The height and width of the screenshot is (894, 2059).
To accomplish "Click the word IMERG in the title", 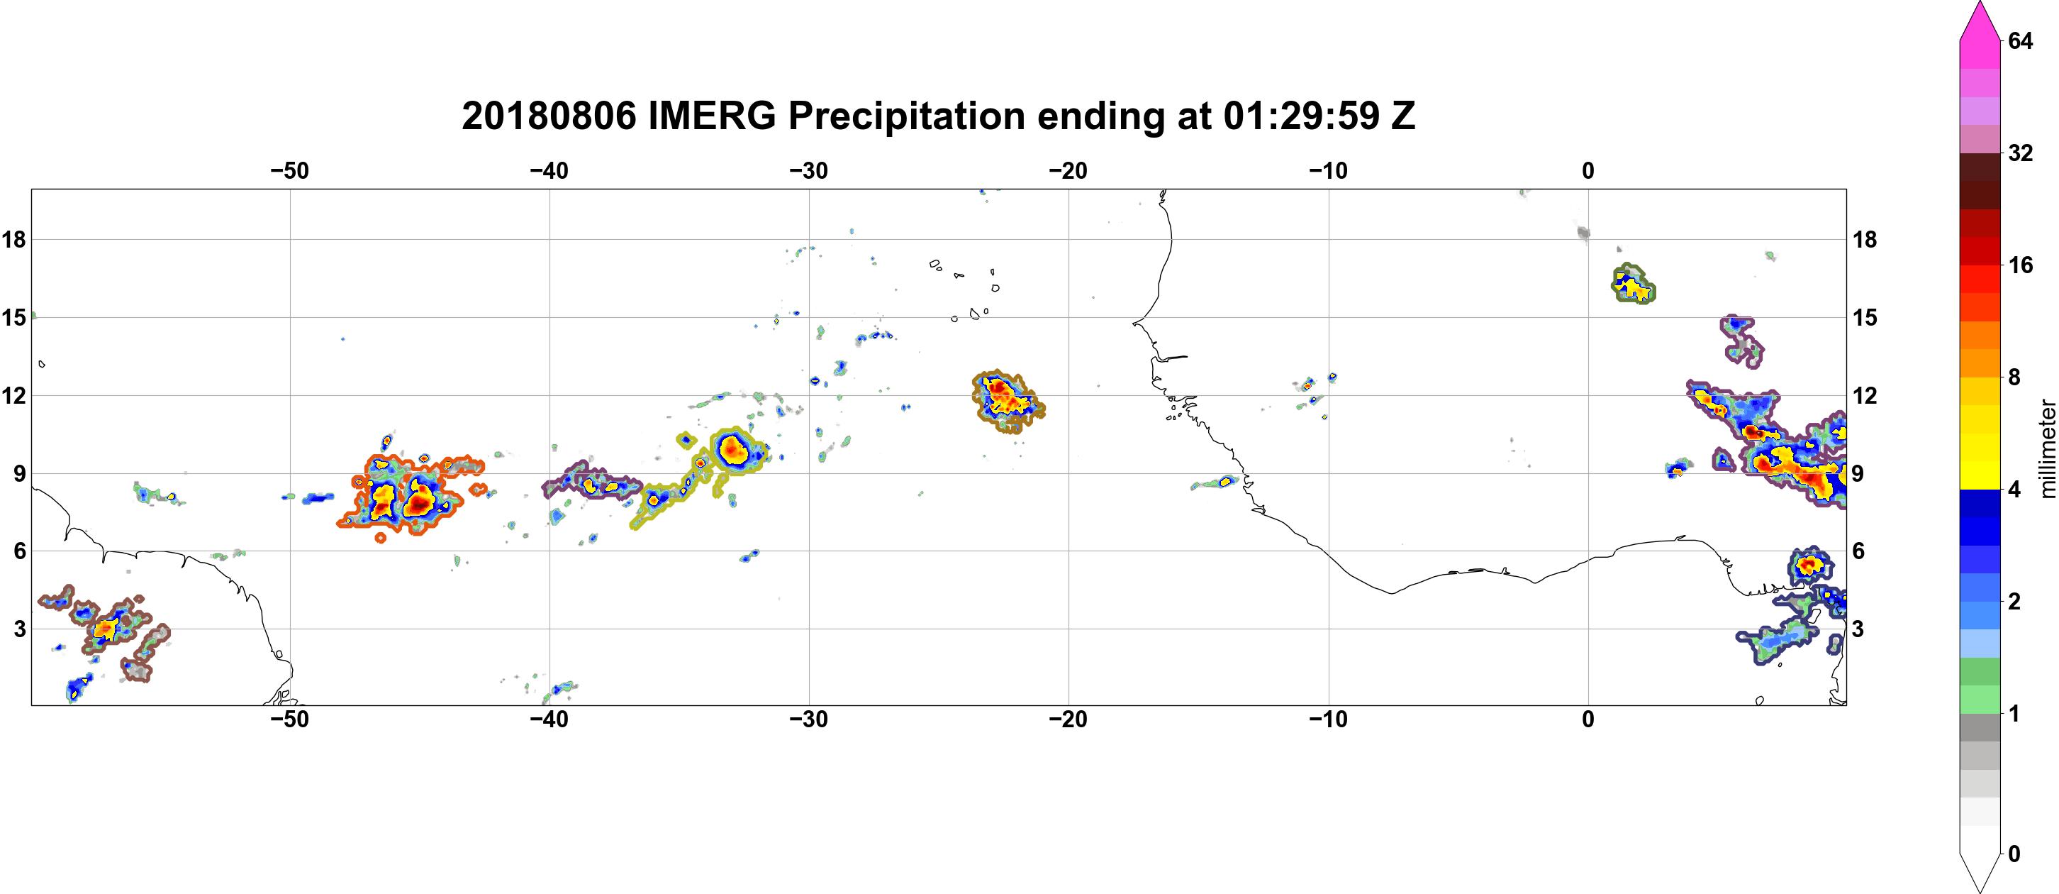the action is coord(711,116).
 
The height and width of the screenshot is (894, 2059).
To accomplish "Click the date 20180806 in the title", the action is coord(549,116).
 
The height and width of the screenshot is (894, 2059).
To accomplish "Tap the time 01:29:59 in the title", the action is coord(1301,116).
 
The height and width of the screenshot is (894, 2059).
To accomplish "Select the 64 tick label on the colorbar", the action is coord(2021,40).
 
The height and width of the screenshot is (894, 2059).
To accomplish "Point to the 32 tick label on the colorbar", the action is coord(2021,153).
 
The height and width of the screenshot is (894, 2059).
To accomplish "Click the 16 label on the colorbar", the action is coord(2021,265).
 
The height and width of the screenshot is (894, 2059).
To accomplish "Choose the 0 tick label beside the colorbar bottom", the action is coord(2014,854).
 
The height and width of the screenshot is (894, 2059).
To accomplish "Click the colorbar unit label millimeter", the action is coord(2047,448).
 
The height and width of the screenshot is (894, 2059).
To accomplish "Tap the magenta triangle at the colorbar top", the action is coord(1980,20).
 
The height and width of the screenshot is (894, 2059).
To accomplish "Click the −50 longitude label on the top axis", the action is coord(289,171).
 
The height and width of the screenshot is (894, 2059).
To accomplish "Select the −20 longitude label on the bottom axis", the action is coord(1068,719).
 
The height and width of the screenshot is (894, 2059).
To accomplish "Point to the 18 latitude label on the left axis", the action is coord(13,239).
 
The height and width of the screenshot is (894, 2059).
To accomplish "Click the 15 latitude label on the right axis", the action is coord(1865,317).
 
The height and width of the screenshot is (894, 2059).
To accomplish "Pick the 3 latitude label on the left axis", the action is coord(19,629).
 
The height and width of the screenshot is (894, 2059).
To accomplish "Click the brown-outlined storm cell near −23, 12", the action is coord(1007,402).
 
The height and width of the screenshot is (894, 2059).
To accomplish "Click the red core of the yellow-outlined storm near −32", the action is coord(732,451).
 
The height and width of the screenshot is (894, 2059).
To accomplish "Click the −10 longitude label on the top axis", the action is coord(1329,171).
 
